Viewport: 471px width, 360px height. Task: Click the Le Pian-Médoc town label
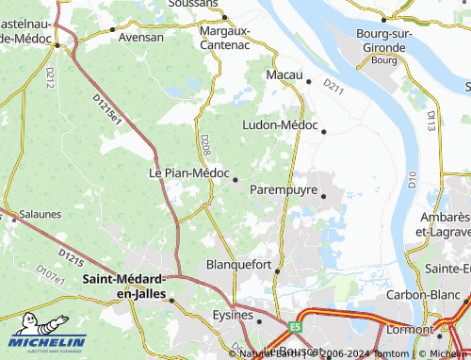[188, 172]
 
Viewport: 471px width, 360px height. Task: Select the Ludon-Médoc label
[281, 124]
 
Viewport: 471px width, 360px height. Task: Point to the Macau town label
[284, 74]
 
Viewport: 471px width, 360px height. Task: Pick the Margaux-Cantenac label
[225, 38]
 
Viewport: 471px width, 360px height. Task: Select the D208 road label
[204, 144]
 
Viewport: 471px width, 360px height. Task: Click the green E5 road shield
[296, 326]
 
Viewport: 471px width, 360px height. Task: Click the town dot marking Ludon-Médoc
[324, 132]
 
